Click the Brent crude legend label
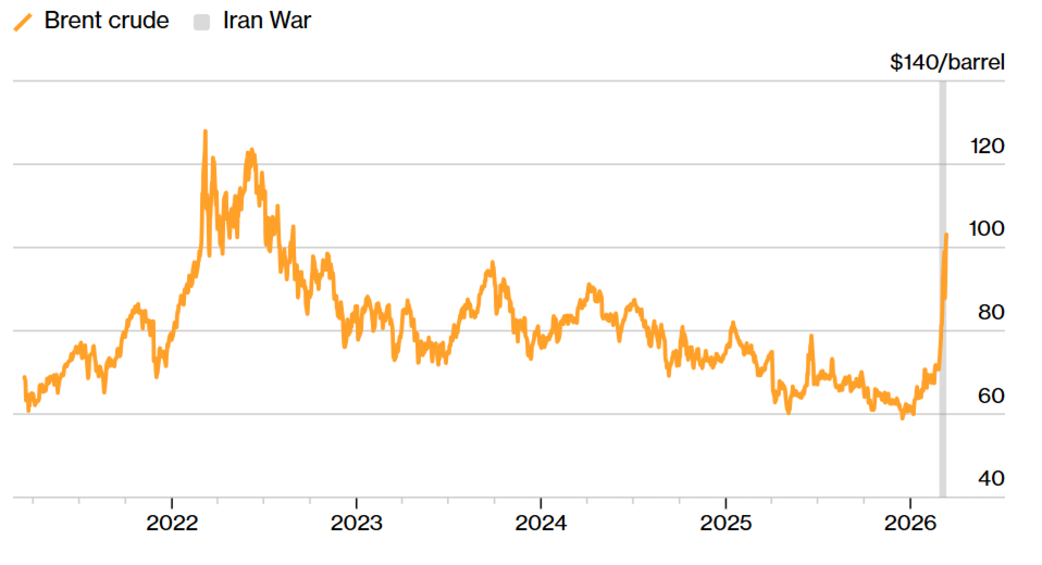[x=106, y=21]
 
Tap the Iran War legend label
[x=266, y=21]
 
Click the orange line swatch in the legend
[x=23, y=22]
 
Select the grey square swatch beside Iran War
[x=202, y=22]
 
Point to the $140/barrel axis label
[x=947, y=62]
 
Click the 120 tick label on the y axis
[x=987, y=146]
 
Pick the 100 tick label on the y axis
[x=986, y=229]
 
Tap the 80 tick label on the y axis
[x=990, y=312]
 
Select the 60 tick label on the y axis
[x=990, y=396]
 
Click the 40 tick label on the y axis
[x=990, y=479]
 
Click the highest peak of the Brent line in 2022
[x=205, y=131]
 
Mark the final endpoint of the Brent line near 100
[x=946, y=235]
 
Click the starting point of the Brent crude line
[x=24, y=377]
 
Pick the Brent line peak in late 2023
[x=492, y=263]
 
